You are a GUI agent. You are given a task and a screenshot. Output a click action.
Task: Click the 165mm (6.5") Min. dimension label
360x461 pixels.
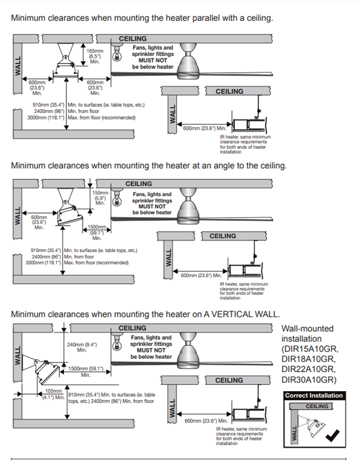tap(94, 57)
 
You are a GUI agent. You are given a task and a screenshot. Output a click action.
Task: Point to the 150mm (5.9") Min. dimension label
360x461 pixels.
tap(100, 197)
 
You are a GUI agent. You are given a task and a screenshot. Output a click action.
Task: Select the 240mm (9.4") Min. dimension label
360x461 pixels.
tap(81, 347)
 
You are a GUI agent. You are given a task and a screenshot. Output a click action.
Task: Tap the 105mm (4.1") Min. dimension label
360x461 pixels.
tap(54, 394)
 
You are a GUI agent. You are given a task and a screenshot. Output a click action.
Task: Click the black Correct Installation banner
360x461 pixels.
tap(314, 396)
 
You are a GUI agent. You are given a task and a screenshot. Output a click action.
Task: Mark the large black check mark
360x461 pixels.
tap(333, 435)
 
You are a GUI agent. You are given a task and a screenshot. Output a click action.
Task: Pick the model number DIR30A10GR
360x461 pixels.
tap(308, 380)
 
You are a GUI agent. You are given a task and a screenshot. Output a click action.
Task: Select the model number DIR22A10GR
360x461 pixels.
tap(309, 369)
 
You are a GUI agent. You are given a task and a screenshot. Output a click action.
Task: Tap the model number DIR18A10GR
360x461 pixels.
tap(309, 359)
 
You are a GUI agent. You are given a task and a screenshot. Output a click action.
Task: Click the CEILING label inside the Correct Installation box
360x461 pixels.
tap(317, 406)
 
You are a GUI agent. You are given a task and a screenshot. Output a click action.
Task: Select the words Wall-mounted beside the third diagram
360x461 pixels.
tap(307, 328)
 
